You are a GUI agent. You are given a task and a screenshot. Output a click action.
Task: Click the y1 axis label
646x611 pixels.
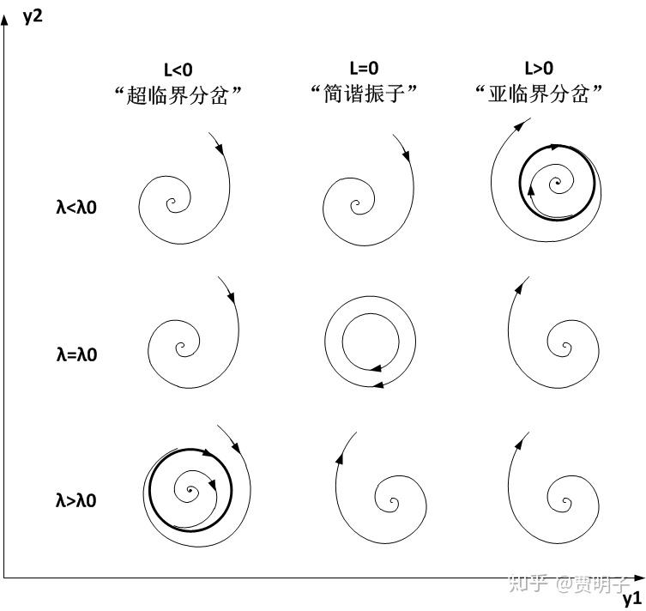pos(631,597)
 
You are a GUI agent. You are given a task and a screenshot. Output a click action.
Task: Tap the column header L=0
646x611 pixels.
pos(364,68)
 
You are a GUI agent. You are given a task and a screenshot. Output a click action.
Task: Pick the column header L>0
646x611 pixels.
pos(539,68)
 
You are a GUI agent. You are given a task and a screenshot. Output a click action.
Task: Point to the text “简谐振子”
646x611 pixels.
pos(364,94)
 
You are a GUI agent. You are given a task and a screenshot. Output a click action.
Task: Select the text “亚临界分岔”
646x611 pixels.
pos(539,94)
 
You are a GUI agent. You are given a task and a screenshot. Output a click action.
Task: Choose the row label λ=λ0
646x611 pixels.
pos(72,354)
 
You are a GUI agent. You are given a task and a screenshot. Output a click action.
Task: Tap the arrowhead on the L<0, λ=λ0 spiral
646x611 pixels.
pos(231,296)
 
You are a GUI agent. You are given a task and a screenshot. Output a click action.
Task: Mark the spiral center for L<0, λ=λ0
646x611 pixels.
pos(182,348)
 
